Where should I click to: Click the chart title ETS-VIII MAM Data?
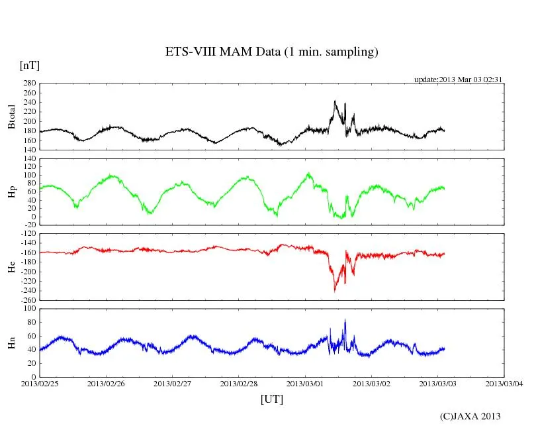[x=271, y=52]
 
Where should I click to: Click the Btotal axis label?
[x=11, y=117]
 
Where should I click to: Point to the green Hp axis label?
[x=11, y=192]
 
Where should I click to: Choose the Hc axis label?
[x=11, y=267]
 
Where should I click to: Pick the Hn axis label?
[x=11, y=343]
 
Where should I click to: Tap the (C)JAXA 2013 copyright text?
[x=470, y=416]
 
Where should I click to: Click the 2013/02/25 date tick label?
[x=40, y=383]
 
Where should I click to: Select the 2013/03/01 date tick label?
[x=305, y=383]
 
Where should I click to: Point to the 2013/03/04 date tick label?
[x=504, y=383]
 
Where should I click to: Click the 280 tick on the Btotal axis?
[x=29, y=83]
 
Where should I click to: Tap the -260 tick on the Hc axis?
[x=27, y=300]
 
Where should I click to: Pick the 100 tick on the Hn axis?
[x=29, y=309]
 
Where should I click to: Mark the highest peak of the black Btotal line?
[x=335, y=101]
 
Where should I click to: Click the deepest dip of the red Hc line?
[x=335, y=291]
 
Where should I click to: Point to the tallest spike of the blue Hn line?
[x=345, y=320]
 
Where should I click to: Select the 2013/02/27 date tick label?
[x=173, y=383]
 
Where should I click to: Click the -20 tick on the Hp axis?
[x=30, y=225]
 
